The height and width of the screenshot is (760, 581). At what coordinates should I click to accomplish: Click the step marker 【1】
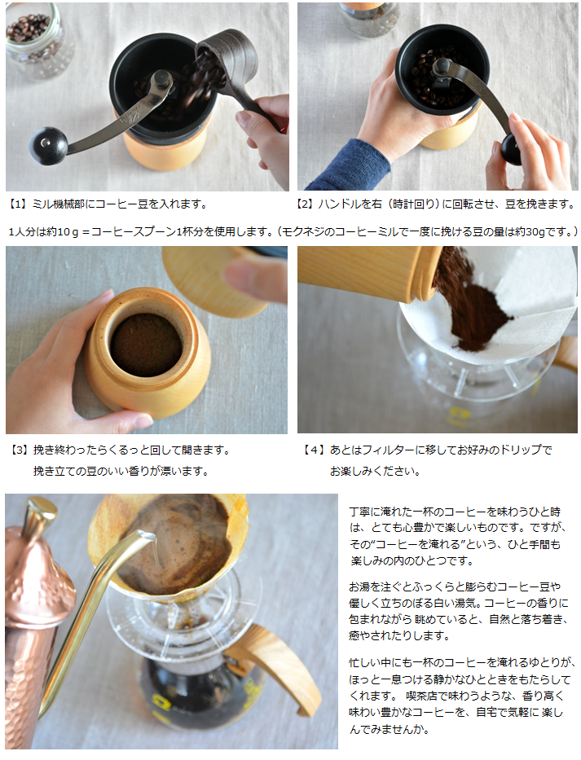[18, 204]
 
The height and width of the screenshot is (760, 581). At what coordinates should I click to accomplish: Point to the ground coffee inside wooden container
[146, 345]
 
